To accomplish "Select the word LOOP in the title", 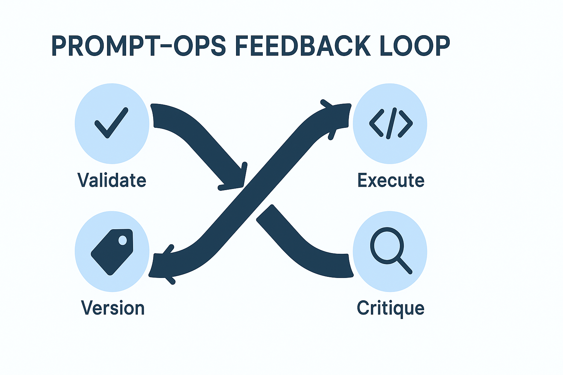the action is click(x=415, y=46).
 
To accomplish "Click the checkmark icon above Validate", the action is click(x=111, y=123).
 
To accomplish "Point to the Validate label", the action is click(x=112, y=180).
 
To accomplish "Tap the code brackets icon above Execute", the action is click(x=391, y=123).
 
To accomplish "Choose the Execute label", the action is click(x=391, y=180).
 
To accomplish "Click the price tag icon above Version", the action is click(x=112, y=252).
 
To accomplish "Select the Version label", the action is click(x=113, y=308).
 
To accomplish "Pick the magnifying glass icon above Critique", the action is click(x=391, y=250).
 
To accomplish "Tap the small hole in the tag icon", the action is click(x=123, y=240).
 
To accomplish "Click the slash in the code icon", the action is click(x=391, y=123).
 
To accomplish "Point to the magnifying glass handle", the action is click(x=404, y=266).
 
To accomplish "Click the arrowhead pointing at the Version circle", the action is click(x=162, y=264).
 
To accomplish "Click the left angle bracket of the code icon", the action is click(x=376, y=123).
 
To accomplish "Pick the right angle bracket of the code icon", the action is click(x=405, y=123).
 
